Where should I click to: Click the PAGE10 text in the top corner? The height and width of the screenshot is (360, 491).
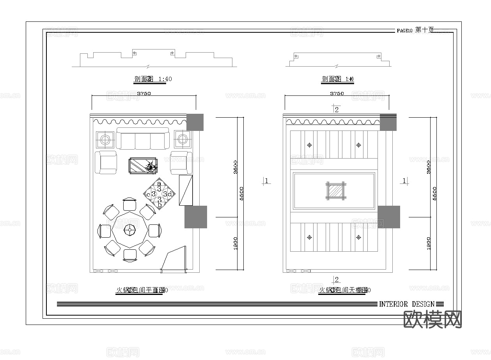click(404, 30)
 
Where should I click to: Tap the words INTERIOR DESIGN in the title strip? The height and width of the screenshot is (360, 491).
click(406, 304)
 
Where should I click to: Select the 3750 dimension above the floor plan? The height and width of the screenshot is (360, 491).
click(144, 94)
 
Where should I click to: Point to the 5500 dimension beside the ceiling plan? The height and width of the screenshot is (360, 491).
click(434, 193)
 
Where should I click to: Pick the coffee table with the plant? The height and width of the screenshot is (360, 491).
click(144, 166)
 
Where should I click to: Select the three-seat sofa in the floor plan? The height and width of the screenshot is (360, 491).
click(143, 139)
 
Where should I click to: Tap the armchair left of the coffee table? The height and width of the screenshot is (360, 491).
click(106, 162)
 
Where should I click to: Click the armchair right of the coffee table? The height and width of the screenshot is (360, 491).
click(181, 162)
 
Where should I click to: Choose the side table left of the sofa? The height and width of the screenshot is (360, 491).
click(105, 139)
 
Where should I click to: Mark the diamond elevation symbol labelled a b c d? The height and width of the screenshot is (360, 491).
click(160, 194)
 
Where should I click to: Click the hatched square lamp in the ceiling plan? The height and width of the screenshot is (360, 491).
click(336, 191)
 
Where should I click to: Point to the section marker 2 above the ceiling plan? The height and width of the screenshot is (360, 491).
click(337, 109)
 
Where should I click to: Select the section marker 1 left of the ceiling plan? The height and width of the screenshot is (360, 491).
click(266, 181)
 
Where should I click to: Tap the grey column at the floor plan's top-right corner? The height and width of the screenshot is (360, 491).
click(195, 122)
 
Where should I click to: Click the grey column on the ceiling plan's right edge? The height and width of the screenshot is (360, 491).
click(389, 217)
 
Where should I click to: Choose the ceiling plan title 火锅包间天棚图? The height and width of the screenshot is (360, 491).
click(343, 290)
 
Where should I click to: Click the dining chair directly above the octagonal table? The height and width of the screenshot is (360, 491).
click(130, 205)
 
